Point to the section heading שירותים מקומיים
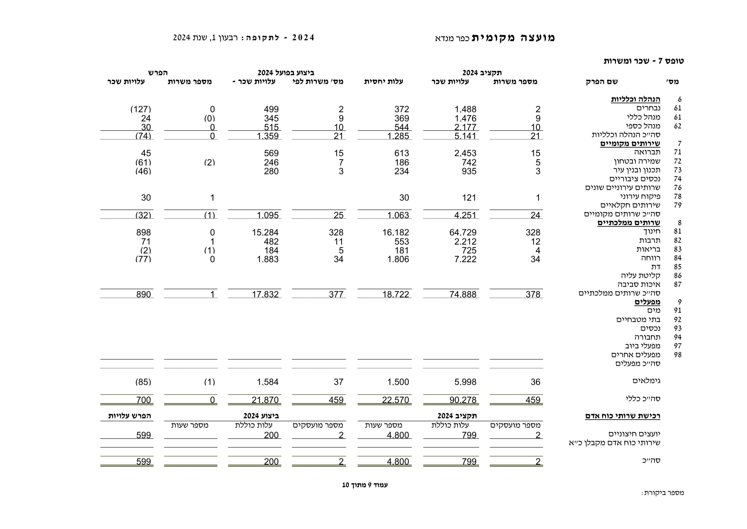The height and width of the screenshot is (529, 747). coord(630,144)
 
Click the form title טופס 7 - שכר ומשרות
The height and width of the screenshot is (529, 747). coord(643,61)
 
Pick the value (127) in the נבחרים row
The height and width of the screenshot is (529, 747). coord(141,109)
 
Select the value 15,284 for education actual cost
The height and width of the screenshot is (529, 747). coord(265,233)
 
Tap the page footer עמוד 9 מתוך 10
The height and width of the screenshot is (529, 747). coord(365,485)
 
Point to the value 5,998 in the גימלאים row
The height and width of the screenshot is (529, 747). coord(465,382)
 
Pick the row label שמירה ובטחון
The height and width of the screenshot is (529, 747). coord(637,161)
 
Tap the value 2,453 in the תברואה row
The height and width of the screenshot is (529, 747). coord(465,153)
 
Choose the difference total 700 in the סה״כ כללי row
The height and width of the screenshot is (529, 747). coord(144,400)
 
